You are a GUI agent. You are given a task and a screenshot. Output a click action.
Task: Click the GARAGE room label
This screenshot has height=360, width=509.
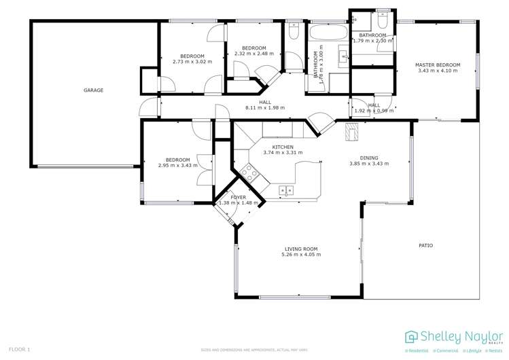(93, 90)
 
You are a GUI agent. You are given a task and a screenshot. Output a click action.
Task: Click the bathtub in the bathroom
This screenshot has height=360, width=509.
(328, 32)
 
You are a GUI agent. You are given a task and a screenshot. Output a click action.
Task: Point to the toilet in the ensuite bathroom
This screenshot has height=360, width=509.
(384, 16)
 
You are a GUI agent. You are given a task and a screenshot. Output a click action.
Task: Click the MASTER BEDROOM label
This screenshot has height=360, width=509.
(438, 65)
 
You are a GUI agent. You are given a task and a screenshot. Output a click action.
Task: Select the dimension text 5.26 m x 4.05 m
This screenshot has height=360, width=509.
(301, 255)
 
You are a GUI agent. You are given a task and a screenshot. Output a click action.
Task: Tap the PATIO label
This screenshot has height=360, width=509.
(425, 245)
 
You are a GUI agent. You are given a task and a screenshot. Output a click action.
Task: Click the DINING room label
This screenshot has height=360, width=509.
(369, 157)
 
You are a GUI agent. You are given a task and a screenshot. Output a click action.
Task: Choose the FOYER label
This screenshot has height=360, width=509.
(238, 197)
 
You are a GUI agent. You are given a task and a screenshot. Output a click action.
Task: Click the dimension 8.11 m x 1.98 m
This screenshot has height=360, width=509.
(264, 108)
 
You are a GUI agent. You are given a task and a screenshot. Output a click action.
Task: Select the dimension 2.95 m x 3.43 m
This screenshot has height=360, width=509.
(177, 166)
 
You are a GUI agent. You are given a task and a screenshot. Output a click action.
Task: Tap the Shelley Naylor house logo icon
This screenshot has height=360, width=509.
(411, 336)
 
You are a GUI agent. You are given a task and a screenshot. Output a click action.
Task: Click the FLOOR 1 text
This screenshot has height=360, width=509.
(19, 349)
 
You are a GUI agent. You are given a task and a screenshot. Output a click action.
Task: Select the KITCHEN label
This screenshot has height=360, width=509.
(283, 147)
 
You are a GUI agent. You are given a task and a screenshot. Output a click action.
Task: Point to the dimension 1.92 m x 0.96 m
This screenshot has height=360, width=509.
(374, 111)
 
